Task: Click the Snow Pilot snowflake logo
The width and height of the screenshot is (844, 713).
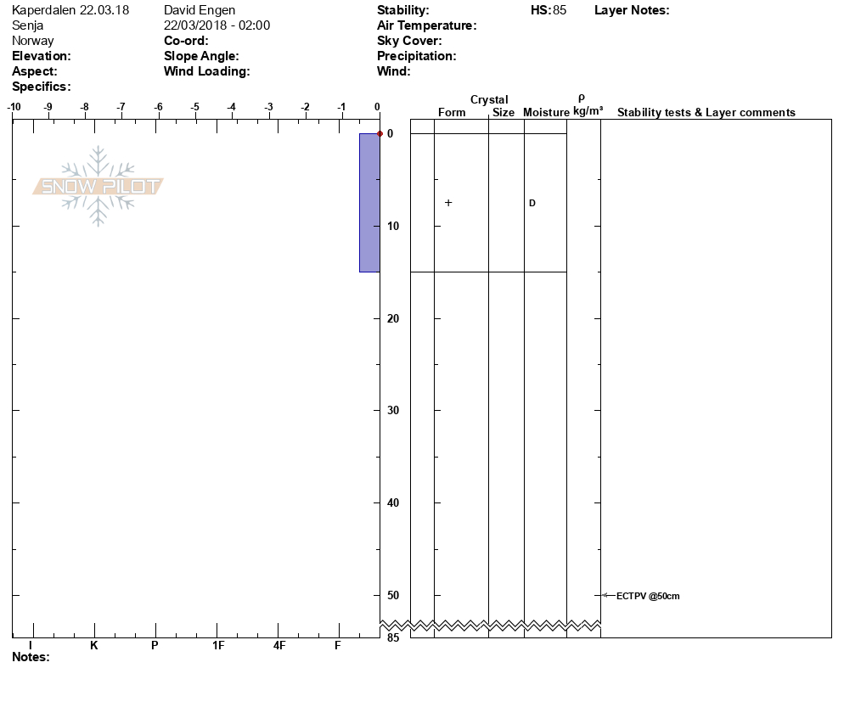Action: pyautogui.click(x=98, y=186)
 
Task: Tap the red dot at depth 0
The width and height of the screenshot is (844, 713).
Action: pyautogui.click(x=380, y=133)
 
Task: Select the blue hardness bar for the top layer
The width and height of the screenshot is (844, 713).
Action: pyautogui.click(x=369, y=203)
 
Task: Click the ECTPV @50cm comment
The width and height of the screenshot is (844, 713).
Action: pyautogui.click(x=647, y=596)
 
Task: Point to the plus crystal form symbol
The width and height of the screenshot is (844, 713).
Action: pyautogui.click(x=448, y=203)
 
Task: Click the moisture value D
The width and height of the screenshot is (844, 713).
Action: pyautogui.click(x=532, y=204)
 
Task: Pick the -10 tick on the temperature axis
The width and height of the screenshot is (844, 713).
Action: pyautogui.click(x=14, y=107)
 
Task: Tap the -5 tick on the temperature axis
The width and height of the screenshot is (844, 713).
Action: pyautogui.click(x=195, y=107)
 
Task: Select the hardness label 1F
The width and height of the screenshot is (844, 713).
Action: pyautogui.click(x=218, y=646)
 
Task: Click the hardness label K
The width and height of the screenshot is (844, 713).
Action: pyautogui.click(x=94, y=646)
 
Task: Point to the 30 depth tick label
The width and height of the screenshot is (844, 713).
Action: pyautogui.click(x=393, y=411)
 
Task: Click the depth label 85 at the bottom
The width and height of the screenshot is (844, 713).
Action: pyautogui.click(x=393, y=637)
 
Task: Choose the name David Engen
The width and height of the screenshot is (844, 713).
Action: pyautogui.click(x=200, y=10)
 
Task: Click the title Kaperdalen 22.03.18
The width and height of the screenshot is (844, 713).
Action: pyautogui.click(x=70, y=10)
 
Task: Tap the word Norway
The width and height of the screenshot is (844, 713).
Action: pyautogui.click(x=33, y=41)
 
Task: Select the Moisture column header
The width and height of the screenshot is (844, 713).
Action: pyautogui.click(x=546, y=113)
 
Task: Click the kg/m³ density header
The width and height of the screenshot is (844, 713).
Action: pyautogui.click(x=588, y=111)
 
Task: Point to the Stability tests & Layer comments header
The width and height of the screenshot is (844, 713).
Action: pyautogui.click(x=706, y=113)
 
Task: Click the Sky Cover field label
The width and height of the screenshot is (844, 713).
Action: pyautogui.click(x=409, y=41)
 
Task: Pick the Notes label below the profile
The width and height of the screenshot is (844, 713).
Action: pyautogui.click(x=31, y=657)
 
